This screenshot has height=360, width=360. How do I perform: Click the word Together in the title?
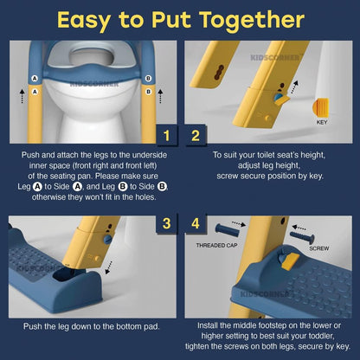tap(252, 21)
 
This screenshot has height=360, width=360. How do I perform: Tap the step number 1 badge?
tap(166, 135)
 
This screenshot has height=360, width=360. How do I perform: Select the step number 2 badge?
tap(196, 135)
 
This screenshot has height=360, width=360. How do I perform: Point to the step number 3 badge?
tap(166, 223)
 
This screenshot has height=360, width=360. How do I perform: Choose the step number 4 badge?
tap(196, 223)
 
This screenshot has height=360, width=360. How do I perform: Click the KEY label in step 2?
tap(322, 122)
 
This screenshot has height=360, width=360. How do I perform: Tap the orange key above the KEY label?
tap(320, 107)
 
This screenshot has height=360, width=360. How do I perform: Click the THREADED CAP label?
tap(216, 245)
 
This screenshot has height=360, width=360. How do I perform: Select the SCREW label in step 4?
tap(319, 248)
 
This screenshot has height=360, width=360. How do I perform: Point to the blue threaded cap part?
tap(228, 230)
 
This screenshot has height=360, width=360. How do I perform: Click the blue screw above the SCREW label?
tap(302, 237)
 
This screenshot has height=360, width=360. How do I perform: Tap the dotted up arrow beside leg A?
tap(22, 96)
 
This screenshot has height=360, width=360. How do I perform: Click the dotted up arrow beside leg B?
tap(160, 96)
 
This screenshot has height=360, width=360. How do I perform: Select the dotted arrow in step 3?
tap(109, 267)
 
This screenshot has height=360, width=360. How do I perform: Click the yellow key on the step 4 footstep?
tap(290, 261)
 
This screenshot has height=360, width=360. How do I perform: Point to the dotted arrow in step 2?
tap(294, 87)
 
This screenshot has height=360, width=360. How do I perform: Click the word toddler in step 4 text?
tap(321, 336)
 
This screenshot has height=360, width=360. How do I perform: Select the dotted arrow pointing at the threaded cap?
tap(239, 224)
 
